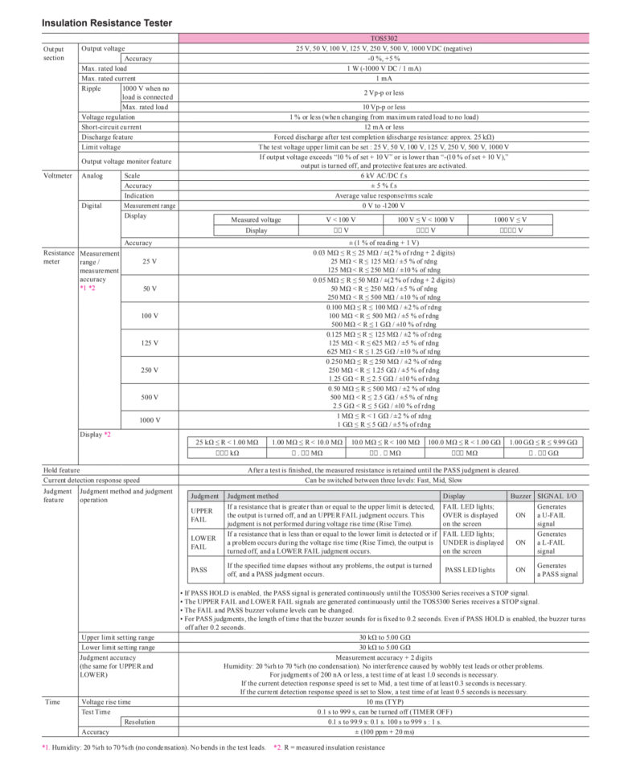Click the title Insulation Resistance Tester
point(106,23)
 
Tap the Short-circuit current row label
point(111,127)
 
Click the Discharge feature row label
point(107,137)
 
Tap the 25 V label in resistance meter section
point(150,261)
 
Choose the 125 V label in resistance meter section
point(150,343)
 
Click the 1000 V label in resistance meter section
point(150,420)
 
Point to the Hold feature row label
point(61,469)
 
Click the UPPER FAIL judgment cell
point(201,514)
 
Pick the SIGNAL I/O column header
point(556,497)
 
